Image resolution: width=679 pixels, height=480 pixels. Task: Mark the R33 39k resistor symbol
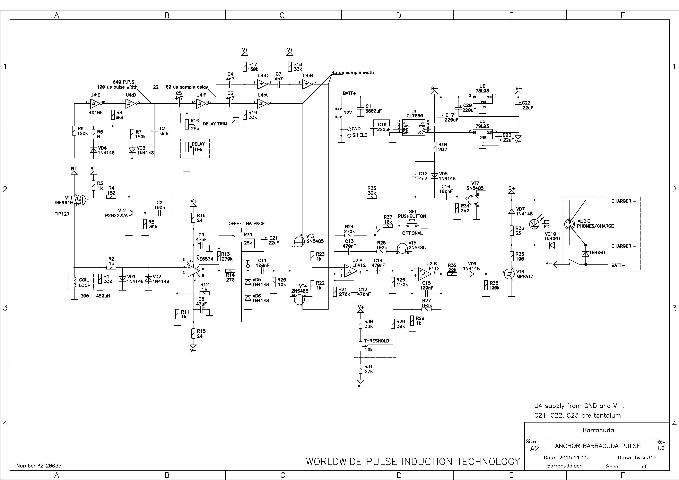coord(372,197)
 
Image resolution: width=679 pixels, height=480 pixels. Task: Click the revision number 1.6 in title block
coord(660,448)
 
